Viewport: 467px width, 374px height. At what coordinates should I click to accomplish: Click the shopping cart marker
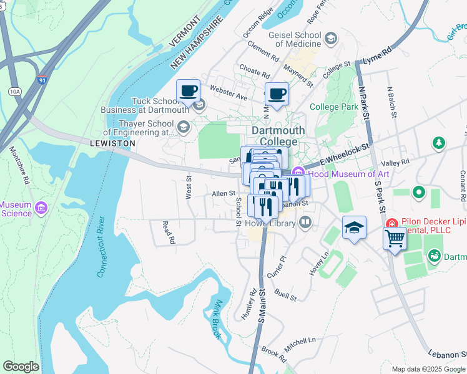(x=395, y=237)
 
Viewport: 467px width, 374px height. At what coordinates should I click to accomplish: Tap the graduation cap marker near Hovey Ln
(x=353, y=228)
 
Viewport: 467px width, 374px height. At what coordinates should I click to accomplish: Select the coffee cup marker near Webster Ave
(x=188, y=92)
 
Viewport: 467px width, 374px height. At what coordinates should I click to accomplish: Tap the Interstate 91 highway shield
(x=42, y=80)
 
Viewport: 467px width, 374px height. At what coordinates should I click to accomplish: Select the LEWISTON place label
(x=112, y=143)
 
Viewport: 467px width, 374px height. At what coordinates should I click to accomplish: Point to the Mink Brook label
(x=217, y=319)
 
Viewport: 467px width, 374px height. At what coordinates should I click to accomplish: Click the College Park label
(x=334, y=107)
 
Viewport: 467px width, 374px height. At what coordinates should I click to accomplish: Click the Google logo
(x=21, y=367)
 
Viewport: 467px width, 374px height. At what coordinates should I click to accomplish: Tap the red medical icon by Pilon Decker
(x=392, y=223)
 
